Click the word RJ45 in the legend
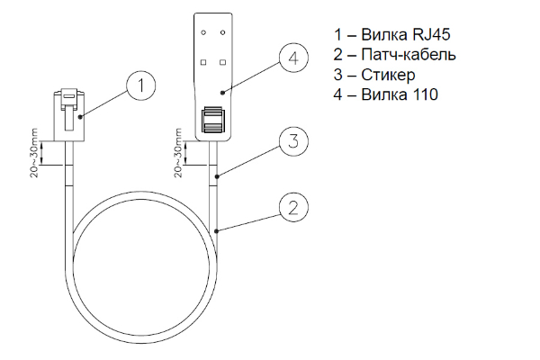(x=430, y=34)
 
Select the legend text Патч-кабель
(x=409, y=54)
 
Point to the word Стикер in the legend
(x=388, y=75)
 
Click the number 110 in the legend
(x=423, y=94)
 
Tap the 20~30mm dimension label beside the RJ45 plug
(x=35, y=153)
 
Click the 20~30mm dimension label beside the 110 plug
(x=178, y=153)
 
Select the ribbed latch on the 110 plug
(x=212, y=120)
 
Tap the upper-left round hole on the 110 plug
(x=203, y=32)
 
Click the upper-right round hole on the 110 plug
(x=223, y=32)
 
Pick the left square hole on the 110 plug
(x=203, y=62)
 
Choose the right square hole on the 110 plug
(x=223, y=62)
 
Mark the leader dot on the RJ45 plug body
(x=80, y=117)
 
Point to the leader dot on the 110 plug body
(x=223, y=93)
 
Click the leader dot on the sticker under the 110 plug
(x=217, y=177)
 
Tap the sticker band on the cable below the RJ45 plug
(x=69, y=175)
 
